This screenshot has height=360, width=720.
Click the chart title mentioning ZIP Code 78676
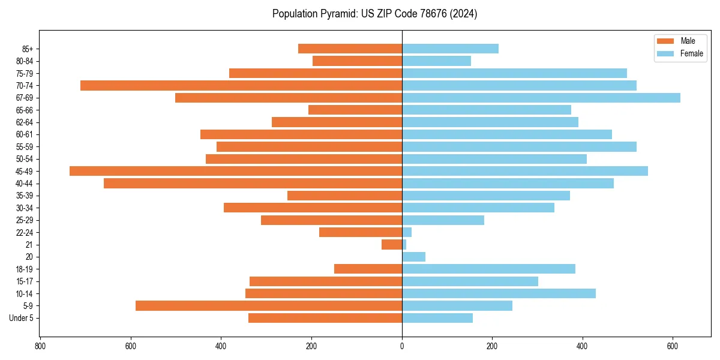click(x=374, y=14)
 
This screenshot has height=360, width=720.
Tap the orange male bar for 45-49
click(x=236, y=171)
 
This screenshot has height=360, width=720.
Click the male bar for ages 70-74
click(x=241, y=85)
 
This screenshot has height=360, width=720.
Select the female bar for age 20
click(x=413, y=257)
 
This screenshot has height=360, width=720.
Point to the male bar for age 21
click(x=392, y=245)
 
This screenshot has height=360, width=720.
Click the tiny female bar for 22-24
click(x=407, y=232)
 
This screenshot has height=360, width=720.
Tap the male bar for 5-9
click(x=269, y=306)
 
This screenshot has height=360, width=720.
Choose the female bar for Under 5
click(x=437, y=318)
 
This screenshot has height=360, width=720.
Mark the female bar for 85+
click(x=450, y=49)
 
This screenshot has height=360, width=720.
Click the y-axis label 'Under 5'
click(x=22, y=318)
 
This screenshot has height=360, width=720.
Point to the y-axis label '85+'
click(x=28, y=49)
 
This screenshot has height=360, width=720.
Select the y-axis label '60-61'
click(x=25, y=134)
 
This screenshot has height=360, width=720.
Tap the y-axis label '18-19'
click(x=25, y=269)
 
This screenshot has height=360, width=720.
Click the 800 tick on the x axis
click(x=40, y=346)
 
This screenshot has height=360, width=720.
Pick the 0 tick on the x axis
click(x=402, y=346)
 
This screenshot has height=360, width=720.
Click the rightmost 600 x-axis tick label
click(x=673, y=346)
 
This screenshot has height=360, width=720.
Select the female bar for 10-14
click(x=499, y=293)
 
